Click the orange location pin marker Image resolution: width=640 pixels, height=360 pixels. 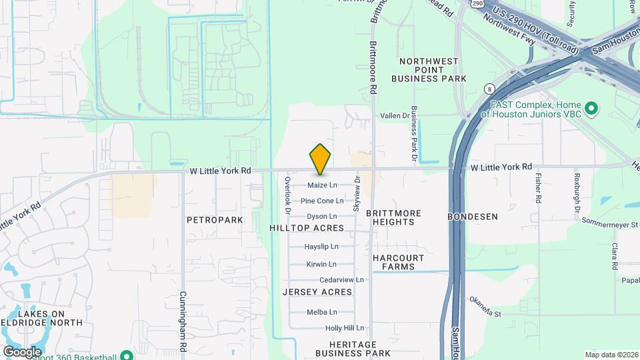coord(320,159)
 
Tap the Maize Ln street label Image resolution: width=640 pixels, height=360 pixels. coord(322,185)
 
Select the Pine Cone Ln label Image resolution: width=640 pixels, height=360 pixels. coord(322,201)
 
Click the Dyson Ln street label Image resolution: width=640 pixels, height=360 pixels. coord(322,217)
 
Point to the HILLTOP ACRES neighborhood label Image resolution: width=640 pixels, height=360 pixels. coord(307,228)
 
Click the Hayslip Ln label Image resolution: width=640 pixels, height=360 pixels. coord(321,247)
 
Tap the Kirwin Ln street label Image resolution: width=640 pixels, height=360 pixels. coord(321,265)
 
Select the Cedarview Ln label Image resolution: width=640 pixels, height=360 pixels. coord(341,280)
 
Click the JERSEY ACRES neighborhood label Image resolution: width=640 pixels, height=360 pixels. coord(317,292)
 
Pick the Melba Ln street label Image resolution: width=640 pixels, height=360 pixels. coord(321,312)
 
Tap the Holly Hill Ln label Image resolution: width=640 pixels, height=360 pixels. coord(345,328)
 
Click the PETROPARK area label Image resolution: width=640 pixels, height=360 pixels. coord(215,219)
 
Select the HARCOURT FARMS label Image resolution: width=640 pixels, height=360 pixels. coord(399,262)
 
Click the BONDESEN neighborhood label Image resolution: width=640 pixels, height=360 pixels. coord(473,217)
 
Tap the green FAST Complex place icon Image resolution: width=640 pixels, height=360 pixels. coord(591,108)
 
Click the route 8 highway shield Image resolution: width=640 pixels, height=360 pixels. coord(490,88)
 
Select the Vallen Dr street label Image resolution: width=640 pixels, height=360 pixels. coord(394,116)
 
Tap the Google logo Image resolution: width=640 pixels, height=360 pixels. coord(22,351)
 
